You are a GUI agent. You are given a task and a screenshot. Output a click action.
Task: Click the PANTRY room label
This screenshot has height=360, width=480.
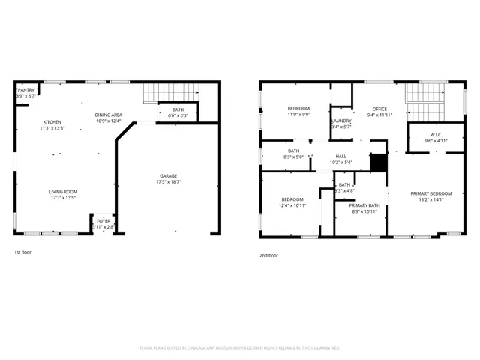(26, 89)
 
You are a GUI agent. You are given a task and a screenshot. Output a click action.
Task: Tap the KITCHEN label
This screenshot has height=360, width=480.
(52, 122)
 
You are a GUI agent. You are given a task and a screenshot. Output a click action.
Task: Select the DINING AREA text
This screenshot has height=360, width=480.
(108, 115)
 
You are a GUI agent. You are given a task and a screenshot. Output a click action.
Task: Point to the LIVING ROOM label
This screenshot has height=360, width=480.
(64, 191)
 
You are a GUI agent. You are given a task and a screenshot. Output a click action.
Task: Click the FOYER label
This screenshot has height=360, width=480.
(103, 221)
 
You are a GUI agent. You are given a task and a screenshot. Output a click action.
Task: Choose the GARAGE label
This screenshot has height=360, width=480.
(168, 175)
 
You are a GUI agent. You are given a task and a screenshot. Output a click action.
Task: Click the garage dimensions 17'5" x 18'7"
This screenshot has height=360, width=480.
(168, 181)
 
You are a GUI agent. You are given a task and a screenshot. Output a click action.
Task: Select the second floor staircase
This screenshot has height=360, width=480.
(425, 94)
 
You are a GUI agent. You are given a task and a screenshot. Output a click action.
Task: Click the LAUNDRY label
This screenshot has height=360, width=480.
(341, 121)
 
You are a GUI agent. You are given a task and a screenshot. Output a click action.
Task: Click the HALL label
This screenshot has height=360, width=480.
(341, 157)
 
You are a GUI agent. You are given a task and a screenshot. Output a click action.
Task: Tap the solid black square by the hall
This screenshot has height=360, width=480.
(379, 162)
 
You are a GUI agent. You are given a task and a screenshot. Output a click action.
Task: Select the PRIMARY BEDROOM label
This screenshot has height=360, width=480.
(430, 193)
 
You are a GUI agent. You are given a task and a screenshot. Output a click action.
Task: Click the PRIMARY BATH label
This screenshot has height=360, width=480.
(364, 205)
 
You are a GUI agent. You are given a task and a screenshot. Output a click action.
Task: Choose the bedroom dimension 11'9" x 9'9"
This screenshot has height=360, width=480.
(298, 115)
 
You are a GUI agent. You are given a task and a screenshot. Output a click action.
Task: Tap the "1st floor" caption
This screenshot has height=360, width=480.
(22, 253)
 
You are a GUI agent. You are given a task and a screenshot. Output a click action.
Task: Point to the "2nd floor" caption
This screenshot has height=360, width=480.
(268, 256)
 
